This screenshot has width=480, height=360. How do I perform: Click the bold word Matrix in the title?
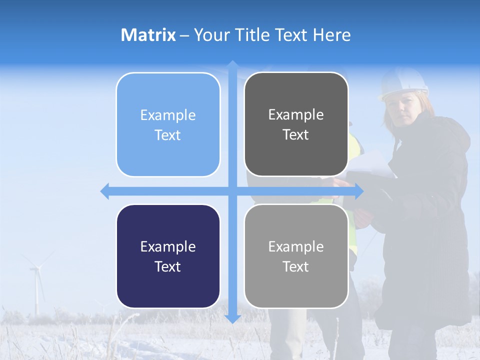click(x=148, y=35)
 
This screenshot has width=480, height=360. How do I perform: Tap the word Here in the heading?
click(x=331, y=35)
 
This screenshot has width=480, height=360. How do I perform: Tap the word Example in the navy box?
click(x=167, y=246)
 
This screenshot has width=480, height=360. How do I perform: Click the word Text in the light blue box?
click(x=167, y=135)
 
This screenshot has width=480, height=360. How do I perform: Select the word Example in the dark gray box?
click(x=296, y=115)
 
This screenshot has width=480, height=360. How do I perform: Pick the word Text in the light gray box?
click(x=296, y=266)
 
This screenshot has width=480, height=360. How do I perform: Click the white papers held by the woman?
click(x=370, y=165)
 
